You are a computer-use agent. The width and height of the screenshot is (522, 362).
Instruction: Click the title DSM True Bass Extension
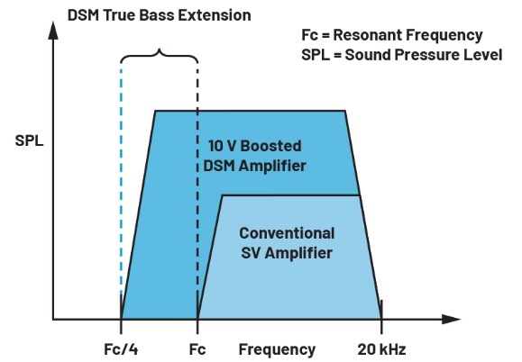pyautogui.click(x=160, y=15)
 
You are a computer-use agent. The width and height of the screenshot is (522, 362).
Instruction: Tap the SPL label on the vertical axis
pyautogui.click(x=29, y=140)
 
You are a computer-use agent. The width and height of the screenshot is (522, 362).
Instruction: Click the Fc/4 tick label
pyautogui.click(x=121, y=349)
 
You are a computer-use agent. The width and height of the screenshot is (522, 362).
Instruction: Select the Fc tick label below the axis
pyautogui.click(x=197, y=349)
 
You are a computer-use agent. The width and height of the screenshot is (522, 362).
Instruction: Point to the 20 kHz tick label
pyautogui.click(x=381, y=349)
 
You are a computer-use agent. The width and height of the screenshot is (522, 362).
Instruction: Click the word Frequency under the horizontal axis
pyautogui.click(x=277, y=349)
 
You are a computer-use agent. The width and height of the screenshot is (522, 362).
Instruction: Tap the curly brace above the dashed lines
pyautogui.click(x=160, y=56)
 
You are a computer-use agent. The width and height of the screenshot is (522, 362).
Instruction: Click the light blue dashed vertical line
pyautogui.click(x=121, y=179)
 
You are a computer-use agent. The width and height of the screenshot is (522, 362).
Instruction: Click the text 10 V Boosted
pyautogui.click(x=255, y=146)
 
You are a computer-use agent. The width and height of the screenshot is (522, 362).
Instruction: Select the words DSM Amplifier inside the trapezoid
pyautogui.click(x=254, y=166)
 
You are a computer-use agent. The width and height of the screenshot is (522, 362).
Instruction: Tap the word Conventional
pyautogui.click(x=287, y=233)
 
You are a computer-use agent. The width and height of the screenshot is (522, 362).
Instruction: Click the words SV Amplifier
pyautogui.click(x=287, y=253)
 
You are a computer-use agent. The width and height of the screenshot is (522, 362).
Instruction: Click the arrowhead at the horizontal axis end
pyautogui.click(x=452, y=319)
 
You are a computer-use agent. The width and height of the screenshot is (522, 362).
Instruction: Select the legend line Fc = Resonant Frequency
pyautogui.click(x=392, y=35)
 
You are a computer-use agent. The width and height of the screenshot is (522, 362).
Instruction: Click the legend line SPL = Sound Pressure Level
pyautogui.click(x=401, y=55)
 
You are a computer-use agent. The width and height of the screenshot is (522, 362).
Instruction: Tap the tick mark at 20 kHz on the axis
pyautogui.click(x=381, y=317)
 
